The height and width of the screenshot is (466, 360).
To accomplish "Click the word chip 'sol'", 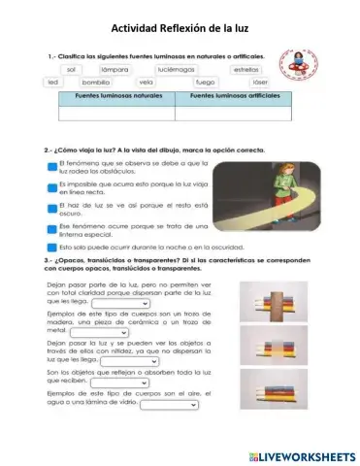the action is (69, 71).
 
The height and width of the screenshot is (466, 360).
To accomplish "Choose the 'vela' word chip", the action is (147, 83).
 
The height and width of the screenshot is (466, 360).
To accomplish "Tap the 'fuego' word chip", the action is (205, 83).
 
